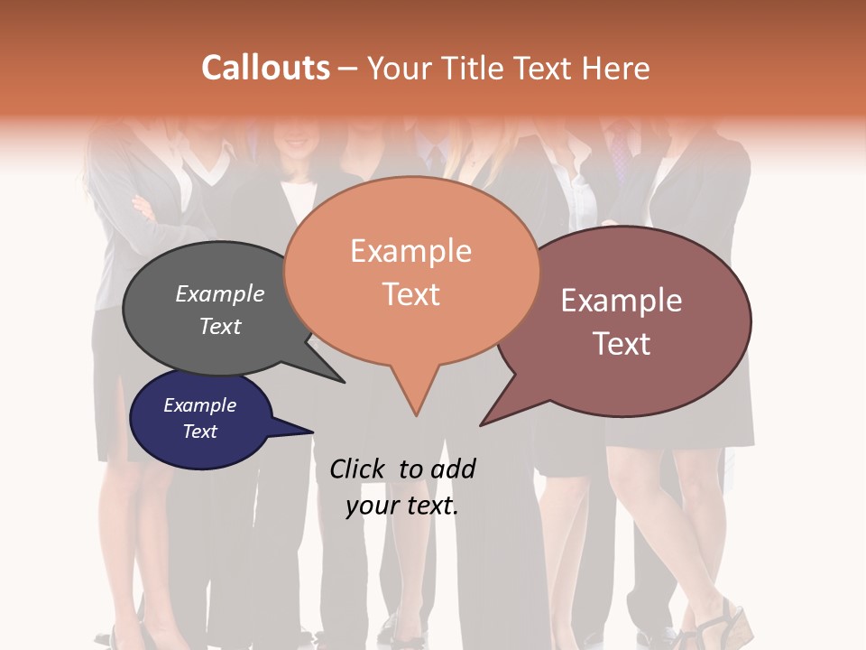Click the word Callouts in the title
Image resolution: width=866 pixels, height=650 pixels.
coord(265,68)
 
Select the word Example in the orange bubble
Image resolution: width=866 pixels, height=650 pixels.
coord(410,251)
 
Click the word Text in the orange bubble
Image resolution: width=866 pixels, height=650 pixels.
coord(410,293)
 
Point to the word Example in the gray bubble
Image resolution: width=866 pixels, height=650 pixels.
coord(220,293)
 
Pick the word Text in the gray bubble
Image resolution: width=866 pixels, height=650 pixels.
coord(220,326)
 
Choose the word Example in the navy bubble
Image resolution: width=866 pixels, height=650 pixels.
coord(199,405)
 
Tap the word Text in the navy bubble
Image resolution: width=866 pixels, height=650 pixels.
coord(199,432)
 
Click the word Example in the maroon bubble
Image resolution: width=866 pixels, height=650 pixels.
coord(622,301)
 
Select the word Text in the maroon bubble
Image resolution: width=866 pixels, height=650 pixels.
coord(622,343)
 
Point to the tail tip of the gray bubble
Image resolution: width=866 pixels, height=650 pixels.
coord(343,381)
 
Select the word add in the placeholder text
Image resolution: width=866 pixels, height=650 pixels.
coord(452,469)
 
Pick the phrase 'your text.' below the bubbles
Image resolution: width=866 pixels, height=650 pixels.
coord(402,506)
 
